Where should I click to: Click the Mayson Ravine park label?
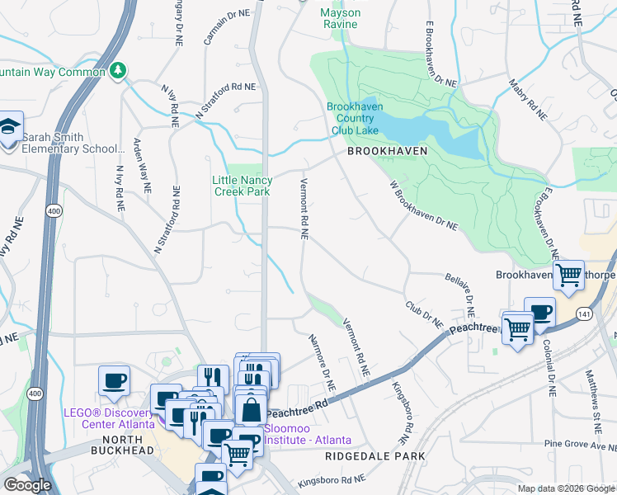pyautogui.click(x=340, y=18)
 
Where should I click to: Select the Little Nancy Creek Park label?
pyautogui.click(x=242, y=186)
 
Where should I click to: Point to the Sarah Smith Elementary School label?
pyautogui.click(x=73, y=143)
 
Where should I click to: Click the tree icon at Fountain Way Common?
pyautogui.click(x=120, y=71)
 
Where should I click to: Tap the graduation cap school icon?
pyautogui.click(x=9, y=128)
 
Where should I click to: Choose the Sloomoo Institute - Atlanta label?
pyautogui.click(x=307, y=434)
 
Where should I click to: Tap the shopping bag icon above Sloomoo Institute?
pyautogui.click(x=249, y=408)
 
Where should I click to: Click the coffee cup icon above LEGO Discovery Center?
pyautogui.click(x=114, y=380)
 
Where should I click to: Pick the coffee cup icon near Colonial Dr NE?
pyautogui.click(x=539, y=312)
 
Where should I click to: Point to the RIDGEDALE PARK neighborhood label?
pyautogui.click(x=374, y=455)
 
